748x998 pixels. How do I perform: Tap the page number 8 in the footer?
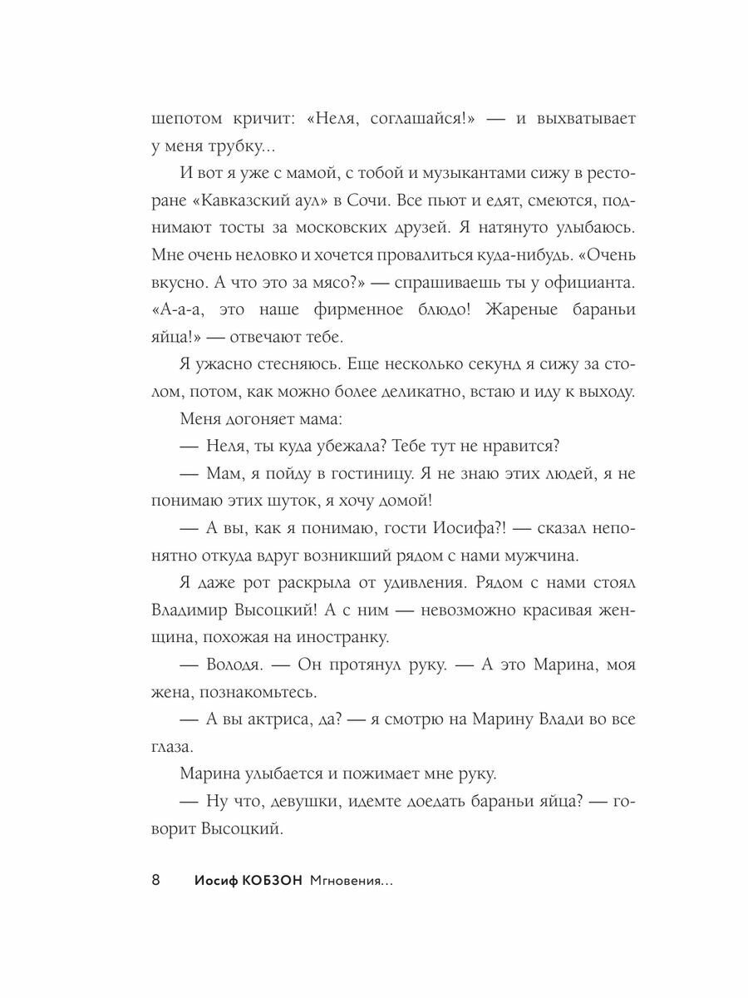156,881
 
